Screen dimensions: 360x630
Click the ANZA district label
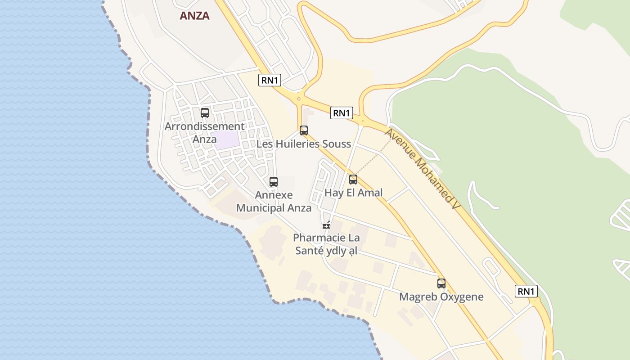pos(194,16)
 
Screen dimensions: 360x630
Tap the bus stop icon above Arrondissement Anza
pos(205,113)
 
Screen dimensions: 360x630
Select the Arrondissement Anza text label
pos(204,132)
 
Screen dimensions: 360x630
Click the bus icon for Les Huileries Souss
pos(304,130)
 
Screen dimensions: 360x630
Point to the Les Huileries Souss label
pos(303,144)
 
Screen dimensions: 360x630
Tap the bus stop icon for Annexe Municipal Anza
pos(274,182)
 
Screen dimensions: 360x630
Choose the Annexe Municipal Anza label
pos(274,201)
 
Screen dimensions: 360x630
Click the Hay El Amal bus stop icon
pos(353,180)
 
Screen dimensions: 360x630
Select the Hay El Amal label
pos(353,193)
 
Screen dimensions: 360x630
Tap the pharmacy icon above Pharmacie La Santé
pos(326,225)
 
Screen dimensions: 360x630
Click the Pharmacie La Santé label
pos(326,244)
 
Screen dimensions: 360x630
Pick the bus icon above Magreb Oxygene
pos(441,283)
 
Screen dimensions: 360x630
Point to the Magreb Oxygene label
pos(441,297)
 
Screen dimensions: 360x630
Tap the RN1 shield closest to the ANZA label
pos(270,81)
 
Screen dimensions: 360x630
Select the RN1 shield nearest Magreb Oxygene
pos(526,291)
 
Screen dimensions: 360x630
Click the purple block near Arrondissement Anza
pos(227,140)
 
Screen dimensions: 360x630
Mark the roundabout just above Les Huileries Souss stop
pos(298,99)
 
